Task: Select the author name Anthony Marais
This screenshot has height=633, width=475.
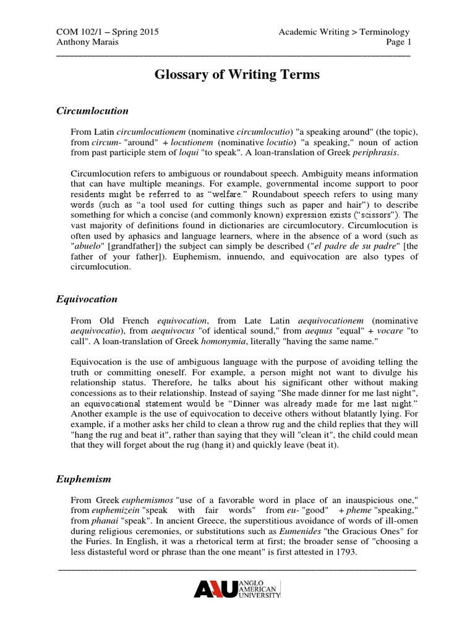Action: click(x=88, y=42)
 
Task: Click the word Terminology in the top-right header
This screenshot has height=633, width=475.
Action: click(x=382, y=32)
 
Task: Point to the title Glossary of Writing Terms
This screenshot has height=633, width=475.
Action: click(x=237, y=75)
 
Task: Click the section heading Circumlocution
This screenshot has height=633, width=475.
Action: click(x=92, y=111)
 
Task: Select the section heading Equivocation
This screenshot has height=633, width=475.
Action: click(x=87, y=299)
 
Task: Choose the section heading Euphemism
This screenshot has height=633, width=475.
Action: click(x=83, y=479)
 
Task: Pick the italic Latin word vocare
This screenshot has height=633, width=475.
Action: click(x=387, y=331)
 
